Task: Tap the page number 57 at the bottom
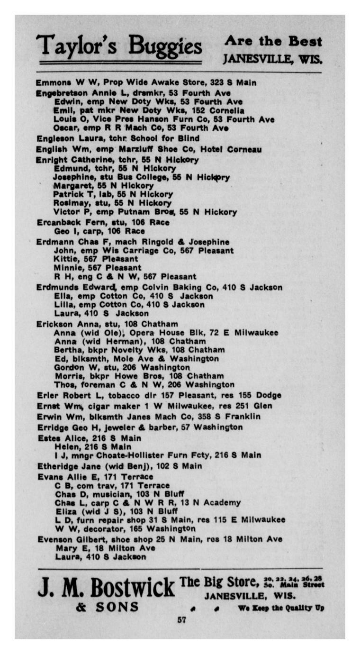[180, 619]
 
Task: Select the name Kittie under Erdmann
[64, 259]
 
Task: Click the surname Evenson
[54, 539]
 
